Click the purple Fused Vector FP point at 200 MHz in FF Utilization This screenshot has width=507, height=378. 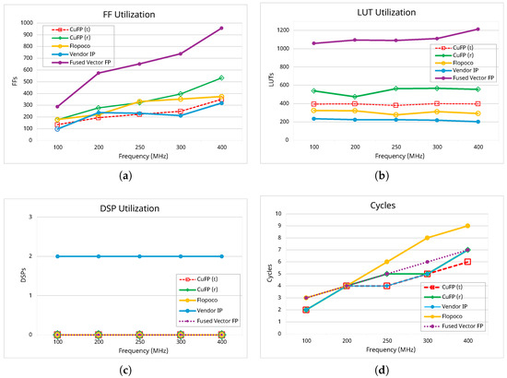point(99,73)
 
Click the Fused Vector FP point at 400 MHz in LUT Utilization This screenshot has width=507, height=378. point(477,30)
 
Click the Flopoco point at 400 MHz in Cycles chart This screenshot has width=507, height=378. point(467,226)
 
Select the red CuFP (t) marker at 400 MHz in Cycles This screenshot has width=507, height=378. point(467,262)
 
